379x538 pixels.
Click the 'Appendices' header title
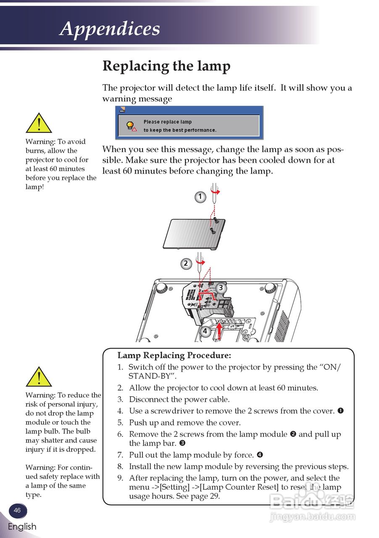110,29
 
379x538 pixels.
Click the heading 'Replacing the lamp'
166,66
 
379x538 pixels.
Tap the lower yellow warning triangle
39,377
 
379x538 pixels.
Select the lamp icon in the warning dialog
131,126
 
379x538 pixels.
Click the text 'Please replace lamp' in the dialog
168,122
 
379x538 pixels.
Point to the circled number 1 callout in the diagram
200,196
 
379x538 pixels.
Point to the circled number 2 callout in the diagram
186,264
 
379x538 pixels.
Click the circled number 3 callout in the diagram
221,288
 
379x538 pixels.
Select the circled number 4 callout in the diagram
205,331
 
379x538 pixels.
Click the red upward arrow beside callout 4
218,331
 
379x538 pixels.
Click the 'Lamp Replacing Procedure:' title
174,356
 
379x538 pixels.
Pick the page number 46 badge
17,510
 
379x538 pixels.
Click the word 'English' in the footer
22,527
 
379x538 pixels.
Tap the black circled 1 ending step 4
340,411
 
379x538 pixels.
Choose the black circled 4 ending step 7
260,455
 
